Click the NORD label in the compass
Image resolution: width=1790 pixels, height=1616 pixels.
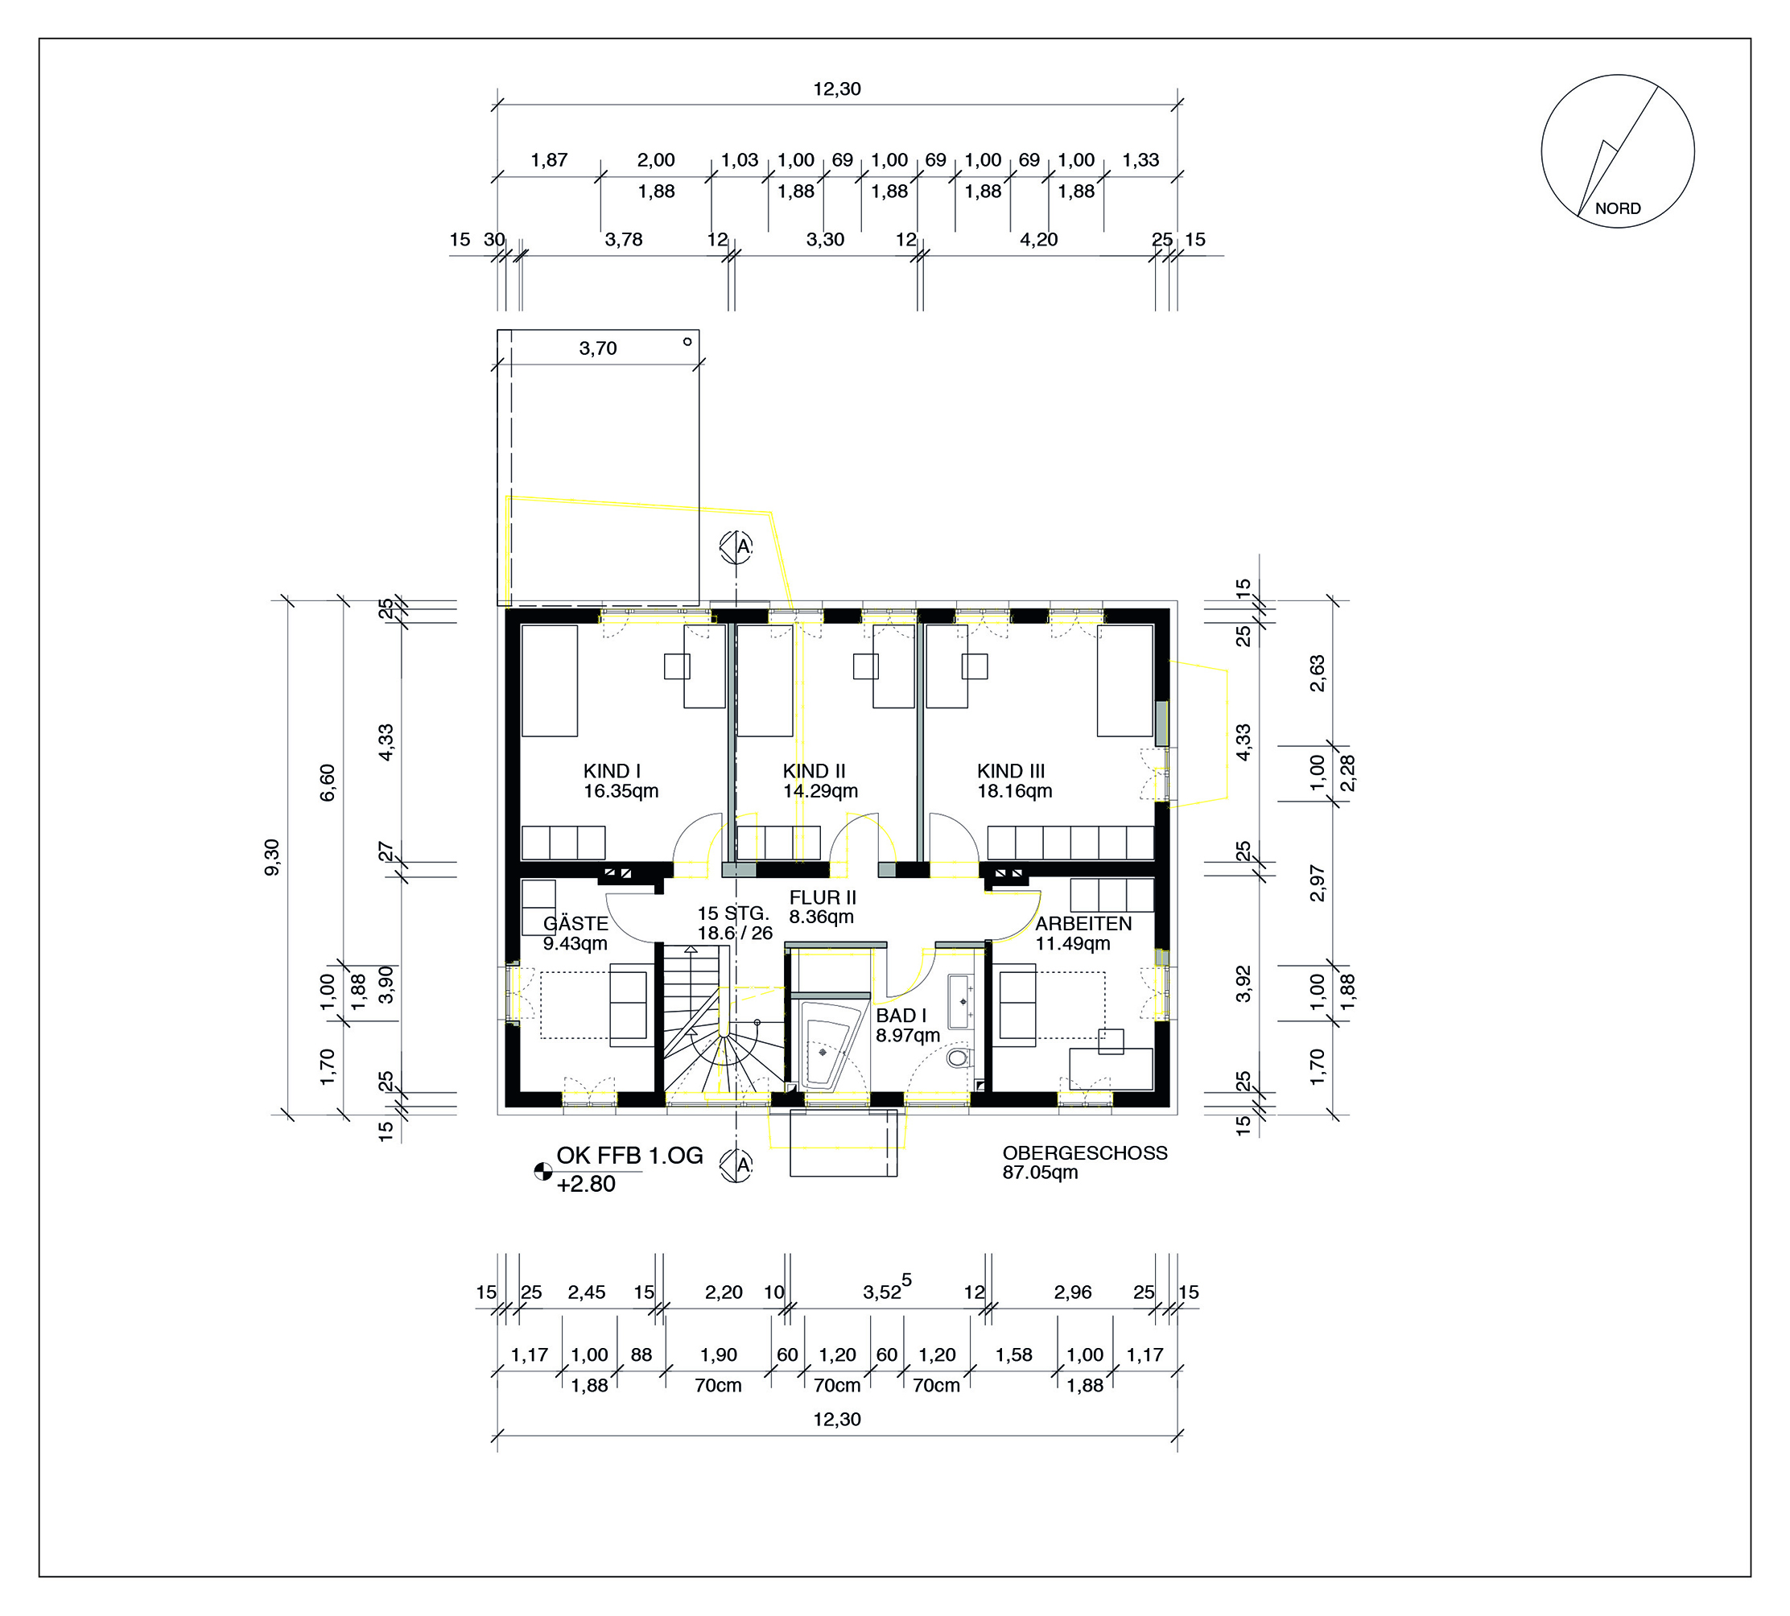click(x=1618, y=208)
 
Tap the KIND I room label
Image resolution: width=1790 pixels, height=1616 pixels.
click(x=612, y=771)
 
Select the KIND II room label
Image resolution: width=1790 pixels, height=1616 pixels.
click(x=815, y=771)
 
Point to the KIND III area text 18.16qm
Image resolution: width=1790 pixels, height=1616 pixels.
click(x=1015, y=790)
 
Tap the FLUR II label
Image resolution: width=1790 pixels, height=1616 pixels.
click(x=823, y=897)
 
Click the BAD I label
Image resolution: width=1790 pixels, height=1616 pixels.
click(x=901, y=1016)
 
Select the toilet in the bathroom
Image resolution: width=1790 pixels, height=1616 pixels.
click(x=957, y=1057)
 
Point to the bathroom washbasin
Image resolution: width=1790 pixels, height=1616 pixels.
click(x=961, y=1002)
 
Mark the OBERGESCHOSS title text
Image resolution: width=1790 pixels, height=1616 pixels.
click(x=1085, y=1152)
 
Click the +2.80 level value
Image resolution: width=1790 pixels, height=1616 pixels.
click(x=586, y=1185)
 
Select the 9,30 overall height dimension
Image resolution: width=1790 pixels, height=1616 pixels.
click(x=273, y=857)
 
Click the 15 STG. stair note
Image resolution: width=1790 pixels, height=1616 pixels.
click(x=732, y=913)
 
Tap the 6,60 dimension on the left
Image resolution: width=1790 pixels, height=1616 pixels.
click(x=328, y=782)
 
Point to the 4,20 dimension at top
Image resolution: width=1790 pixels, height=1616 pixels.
click(x=1039, y=240)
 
